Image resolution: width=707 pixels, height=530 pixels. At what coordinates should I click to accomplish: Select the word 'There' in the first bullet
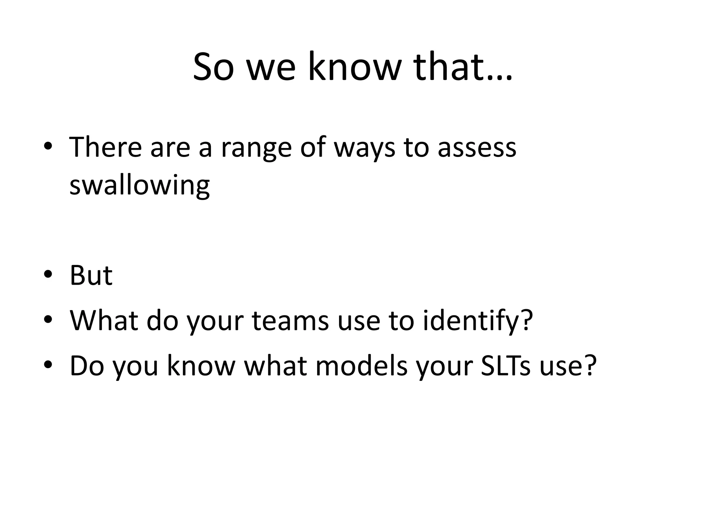pos(106,147)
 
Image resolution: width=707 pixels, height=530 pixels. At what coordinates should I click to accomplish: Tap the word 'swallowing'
pos(139,186)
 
